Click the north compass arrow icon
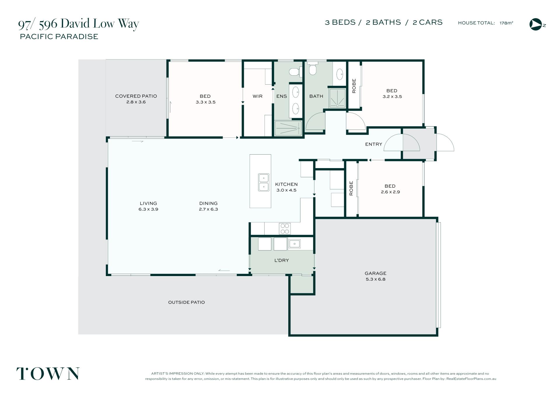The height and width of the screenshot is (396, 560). (535, 24)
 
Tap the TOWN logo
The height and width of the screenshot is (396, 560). (48, 374)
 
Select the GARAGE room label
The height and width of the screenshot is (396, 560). (375, 273)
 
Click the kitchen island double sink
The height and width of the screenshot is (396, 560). (264, 182)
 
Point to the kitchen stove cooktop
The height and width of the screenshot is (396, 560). (285, 229)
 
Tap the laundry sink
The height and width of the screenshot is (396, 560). (294, 243)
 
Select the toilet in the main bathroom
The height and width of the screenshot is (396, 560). (313, 68)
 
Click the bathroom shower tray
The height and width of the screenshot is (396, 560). (337, 98)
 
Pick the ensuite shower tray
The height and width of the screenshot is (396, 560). (288, 128)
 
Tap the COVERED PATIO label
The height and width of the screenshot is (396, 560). (136, 96)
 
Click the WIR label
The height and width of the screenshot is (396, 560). (258, 96)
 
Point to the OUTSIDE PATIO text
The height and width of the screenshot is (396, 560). (186, 302)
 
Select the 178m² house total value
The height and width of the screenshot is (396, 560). (506, 23)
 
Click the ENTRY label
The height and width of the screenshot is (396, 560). (374, 144)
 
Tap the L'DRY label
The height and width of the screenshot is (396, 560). (281, 260)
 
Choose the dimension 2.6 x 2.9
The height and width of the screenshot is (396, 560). (390, 192)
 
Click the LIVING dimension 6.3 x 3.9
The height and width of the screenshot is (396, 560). (148, 209)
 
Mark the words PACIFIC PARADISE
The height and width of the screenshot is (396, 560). (59, 36)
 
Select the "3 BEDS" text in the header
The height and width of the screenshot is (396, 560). (340, 22)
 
